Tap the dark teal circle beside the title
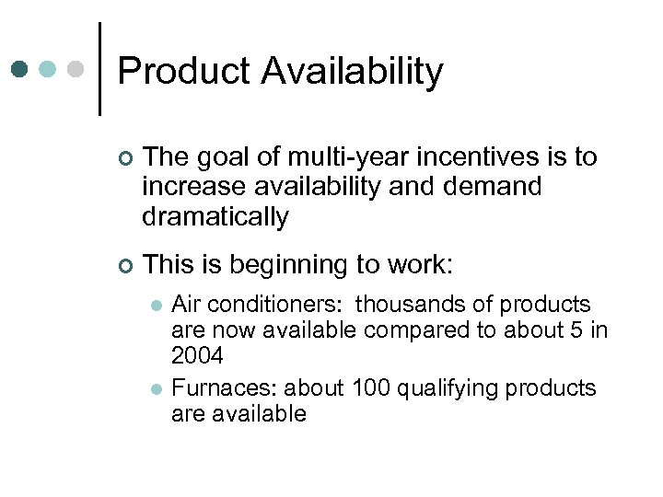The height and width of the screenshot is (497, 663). tap(20, 69)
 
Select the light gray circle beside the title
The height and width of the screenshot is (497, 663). tap(76, 69)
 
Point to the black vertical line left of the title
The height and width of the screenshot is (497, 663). tap(99, 69)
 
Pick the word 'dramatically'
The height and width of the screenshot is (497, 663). tap(215, 217)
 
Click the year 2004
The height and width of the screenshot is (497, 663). tap(198, 355)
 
